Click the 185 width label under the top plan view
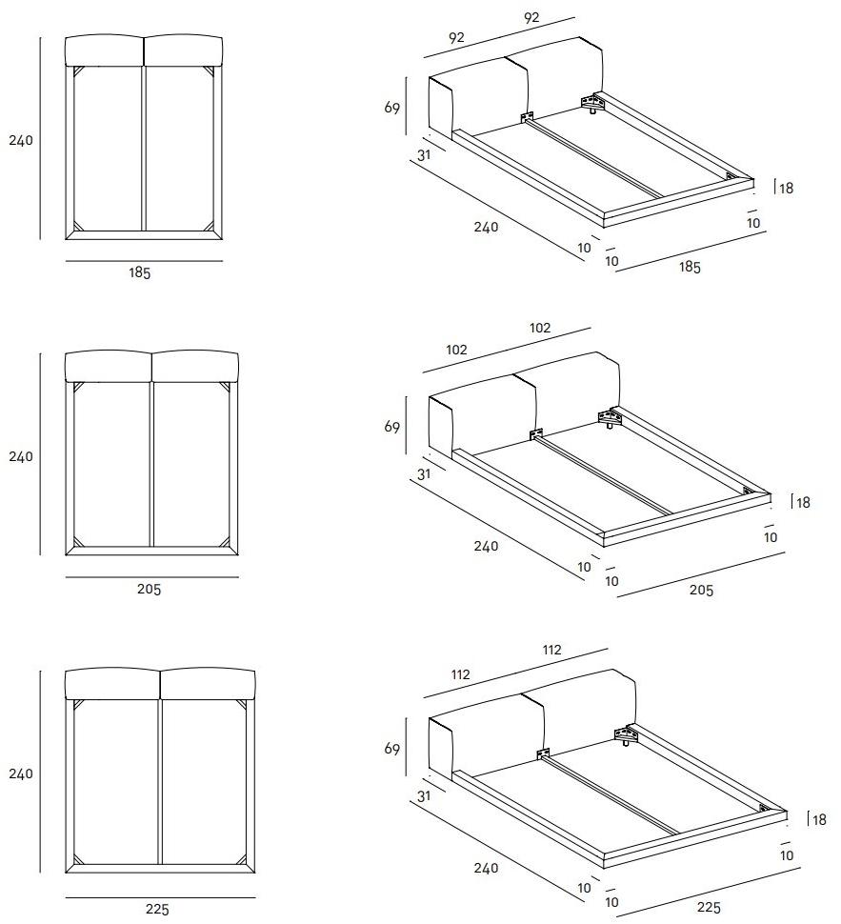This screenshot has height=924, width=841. click(x=140, y=272)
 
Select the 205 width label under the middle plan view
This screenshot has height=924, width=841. click(x=149, y=590)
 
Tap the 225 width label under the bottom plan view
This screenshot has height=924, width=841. click(x=157, y=909)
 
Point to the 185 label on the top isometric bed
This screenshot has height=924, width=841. click(x=689, y=268)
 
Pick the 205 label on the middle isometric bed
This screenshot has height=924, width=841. click(x=700, y=591)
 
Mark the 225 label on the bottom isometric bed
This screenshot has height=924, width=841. click(x=708, y=907)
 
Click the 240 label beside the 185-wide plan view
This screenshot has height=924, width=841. click(x=21, y=140)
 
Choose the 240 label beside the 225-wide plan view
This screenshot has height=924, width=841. click(x=21, y=773)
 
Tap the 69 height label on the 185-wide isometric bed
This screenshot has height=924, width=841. click(x=392, y=108)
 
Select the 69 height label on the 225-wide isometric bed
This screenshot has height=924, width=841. click(x=392, y=750)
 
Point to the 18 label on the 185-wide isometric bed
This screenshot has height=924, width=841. click(x=786, y=189)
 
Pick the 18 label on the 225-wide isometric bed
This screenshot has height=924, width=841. click(x=817, y=818)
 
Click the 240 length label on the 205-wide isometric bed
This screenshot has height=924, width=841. click(x=486, y=547)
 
